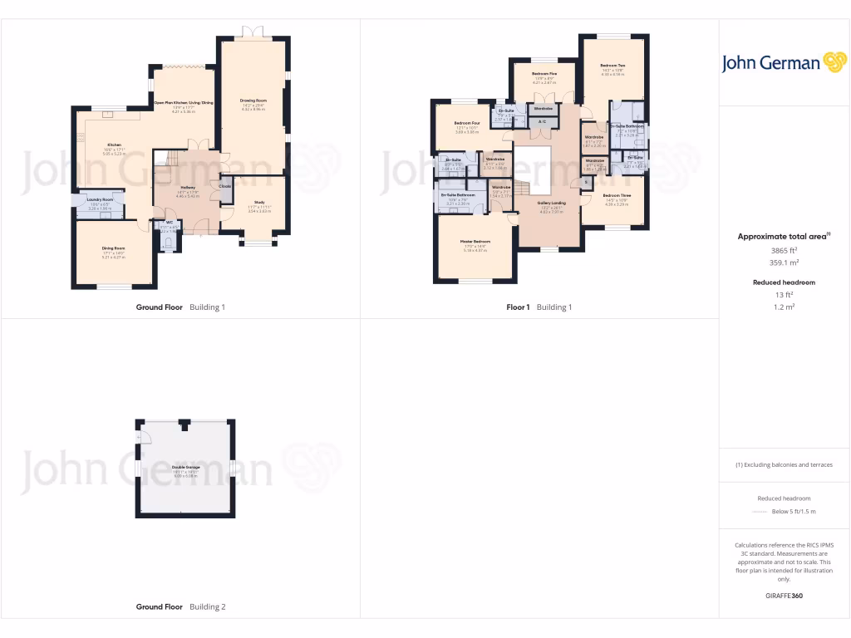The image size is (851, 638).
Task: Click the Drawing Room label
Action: click(253, 101)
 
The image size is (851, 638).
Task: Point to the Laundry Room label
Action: click(99, 199)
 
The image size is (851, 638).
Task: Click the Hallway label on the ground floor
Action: click(187, 187)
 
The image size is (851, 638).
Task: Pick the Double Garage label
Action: click(186, 467)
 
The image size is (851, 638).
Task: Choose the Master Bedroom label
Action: click(475, 242)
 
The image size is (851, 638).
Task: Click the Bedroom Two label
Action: click(612, 66)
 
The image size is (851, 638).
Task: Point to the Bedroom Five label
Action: click(544, 74)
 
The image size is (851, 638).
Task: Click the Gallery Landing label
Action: click(552, 202)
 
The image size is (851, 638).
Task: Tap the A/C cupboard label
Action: click(543, 122)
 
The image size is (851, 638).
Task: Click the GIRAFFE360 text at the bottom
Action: click(783, 596)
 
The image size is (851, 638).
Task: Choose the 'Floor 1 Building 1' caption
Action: click(539, 307)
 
